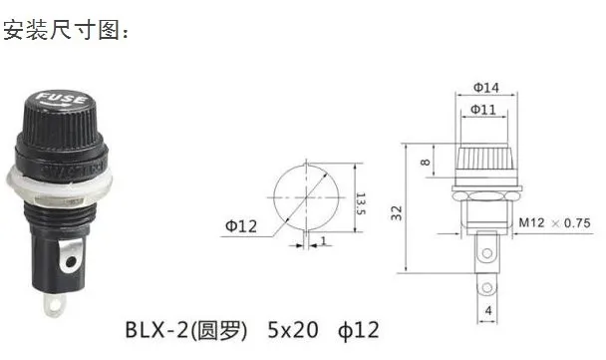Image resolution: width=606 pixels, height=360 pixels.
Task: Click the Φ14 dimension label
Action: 486,88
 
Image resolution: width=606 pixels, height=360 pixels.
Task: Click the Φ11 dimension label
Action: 483,110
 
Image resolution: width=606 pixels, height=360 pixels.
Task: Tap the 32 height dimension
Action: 397,213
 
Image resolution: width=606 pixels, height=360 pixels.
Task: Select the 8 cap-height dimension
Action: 426,162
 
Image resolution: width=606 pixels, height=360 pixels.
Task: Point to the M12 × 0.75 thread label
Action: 554,222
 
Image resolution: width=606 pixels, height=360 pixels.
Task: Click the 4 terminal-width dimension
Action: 488,310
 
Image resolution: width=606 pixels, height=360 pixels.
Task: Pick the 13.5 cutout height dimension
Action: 360,203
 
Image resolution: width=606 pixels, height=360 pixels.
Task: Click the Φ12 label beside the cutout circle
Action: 241,225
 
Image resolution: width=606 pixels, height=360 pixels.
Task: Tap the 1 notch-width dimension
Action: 324,241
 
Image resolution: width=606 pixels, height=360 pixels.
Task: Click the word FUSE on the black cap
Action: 61,98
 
